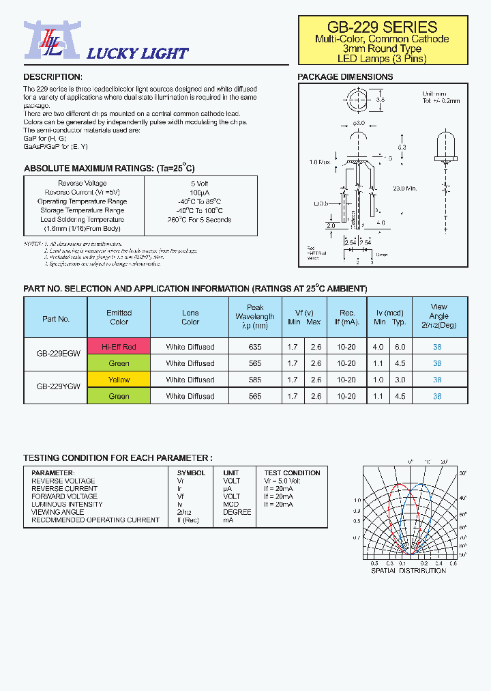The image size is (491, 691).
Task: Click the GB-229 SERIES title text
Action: (382, 27)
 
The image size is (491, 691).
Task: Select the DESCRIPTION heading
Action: (53, 77)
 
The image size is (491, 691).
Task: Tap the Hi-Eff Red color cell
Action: (119, 347)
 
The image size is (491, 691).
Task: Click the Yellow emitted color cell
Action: (119, 380)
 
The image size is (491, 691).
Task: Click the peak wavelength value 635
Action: (255, 347)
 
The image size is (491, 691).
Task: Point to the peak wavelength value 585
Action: (255, 380)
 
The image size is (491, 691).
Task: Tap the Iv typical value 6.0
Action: (400, 347)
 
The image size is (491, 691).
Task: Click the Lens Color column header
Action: (190, 318)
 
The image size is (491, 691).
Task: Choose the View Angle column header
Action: (438, 316)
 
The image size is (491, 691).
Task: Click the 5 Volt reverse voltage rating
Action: (200, 184)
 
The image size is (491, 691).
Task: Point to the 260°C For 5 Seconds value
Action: (200, 220)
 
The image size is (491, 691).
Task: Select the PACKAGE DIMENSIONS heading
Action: (345, 77)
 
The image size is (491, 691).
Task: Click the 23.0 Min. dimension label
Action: (404, 188)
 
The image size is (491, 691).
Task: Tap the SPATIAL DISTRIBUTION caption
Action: (408, 570)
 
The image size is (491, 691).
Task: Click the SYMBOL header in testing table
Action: (191, 473)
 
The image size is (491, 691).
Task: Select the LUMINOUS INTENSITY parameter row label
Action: (67, 505)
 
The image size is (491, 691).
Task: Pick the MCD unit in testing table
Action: (230, 505)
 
